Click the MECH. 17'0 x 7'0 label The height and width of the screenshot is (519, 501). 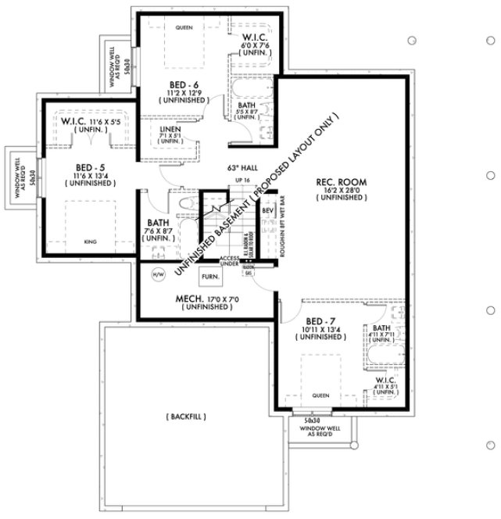coord(206,299)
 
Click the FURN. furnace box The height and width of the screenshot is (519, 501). coord(209,277)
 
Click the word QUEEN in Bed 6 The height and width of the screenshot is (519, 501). coord(184,28)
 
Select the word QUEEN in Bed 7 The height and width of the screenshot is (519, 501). coord(320,395)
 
